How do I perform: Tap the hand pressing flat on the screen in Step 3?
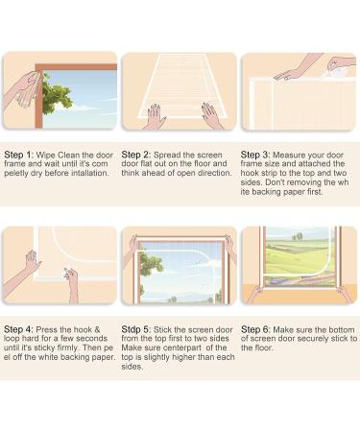point(288,72)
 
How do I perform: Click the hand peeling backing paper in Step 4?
point(69,282)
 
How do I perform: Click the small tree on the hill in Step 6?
point(297,235)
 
